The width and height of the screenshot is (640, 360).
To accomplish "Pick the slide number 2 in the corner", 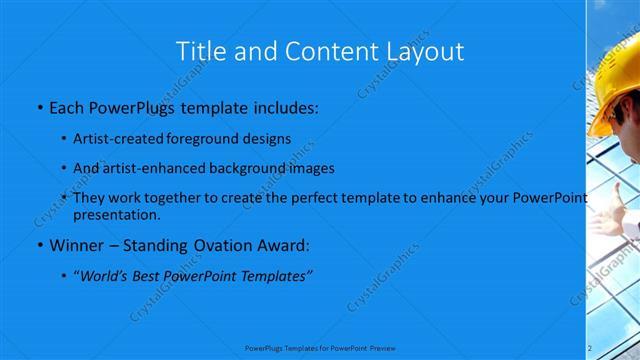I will [590, 347].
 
